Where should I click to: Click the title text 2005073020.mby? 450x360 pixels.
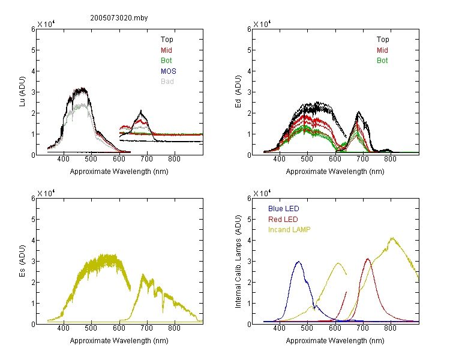click(x=119, y=18)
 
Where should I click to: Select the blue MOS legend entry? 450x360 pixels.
click(x=169, y=71)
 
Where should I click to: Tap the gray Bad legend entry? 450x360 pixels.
click(x=167, y=82)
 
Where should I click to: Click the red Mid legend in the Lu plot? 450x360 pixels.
click(x=166, y=50)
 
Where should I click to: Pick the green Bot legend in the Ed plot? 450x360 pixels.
click(x=382, y=61)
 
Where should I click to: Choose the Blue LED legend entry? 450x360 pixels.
click(x=284, y=209)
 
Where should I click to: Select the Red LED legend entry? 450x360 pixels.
click(x=283, y=220)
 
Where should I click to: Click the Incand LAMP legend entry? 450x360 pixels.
click(x=289, y=230)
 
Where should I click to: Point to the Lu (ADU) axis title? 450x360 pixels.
click(x=22, y=92)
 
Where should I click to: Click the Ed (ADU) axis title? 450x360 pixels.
click(x=238, y=92)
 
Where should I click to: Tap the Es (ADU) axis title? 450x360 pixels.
click(x=22, y=261)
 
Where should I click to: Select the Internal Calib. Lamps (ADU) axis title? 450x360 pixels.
click(x=238, y=261)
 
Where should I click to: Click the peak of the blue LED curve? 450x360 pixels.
click(x=299, y=262)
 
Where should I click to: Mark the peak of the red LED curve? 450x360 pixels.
click(x=368, y=259)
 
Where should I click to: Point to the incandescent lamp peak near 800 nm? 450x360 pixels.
click(x=392, y=238)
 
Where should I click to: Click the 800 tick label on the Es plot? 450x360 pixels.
click(x=174, y=328)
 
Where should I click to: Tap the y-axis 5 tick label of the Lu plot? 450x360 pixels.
click(x=33, y=50)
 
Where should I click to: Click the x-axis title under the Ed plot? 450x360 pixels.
click(x=335, y=172)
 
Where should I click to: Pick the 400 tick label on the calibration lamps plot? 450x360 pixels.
click(x=279, y=328)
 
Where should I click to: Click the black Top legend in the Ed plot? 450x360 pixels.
click(x=383, y=40)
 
